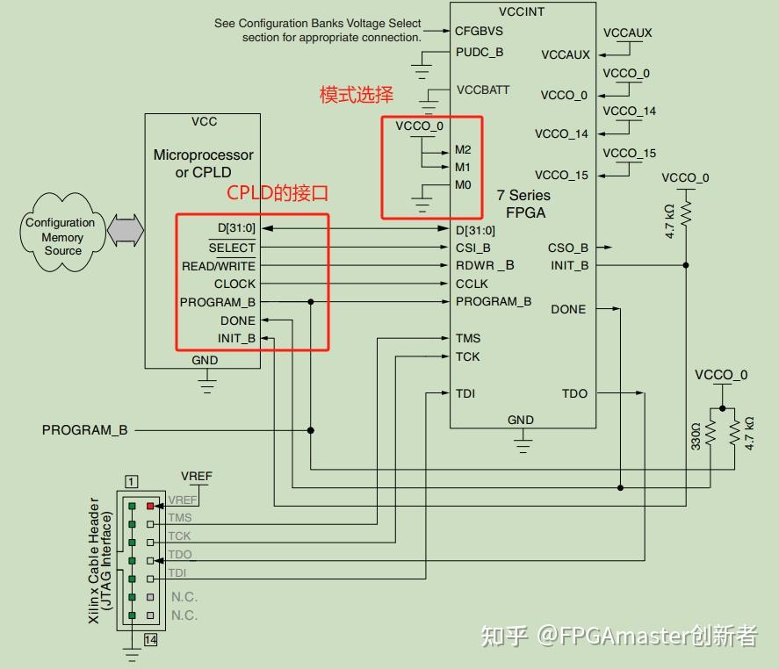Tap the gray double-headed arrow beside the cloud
pyautogui.click(x=125, y=229)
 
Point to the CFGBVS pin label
pyautogui.click(x=479, y=31)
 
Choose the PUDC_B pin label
pyautogui.click(x=480, y=52)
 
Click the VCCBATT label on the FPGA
pyautogui.click(x=483, y=90)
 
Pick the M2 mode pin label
pyautogui.click(x=463, y=149)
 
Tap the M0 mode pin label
pyautogui.click(x=463, y=184)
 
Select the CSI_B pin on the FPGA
pyautogui.click(x=472, y=248)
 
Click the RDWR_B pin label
pyautogui.click(x=485, y=265)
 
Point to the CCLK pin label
pyautogui.click(x=472, y=284)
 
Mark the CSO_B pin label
pyautogui.click(x=567, y=248)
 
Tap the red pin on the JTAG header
pyautogui.click(x=150, y=507)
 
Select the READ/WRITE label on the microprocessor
pyautogui.click(x=218, y=266)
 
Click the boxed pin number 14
pyautogui.click(x=150, y=640)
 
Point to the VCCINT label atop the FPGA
pyautogui.click(x=522, y=12)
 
